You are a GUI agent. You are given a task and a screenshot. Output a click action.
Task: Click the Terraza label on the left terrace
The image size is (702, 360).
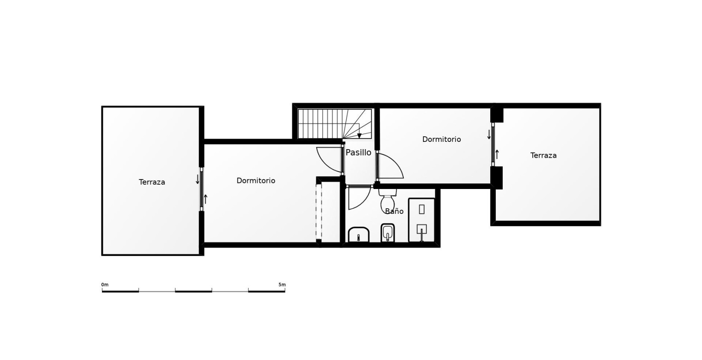pyautogui.click(x=152, y=182)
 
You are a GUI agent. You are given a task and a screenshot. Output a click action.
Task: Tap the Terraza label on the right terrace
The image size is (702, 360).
pyautogui.click(x=543, y=156)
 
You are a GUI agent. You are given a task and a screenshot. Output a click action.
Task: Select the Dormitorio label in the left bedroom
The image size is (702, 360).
pyautogui.click(x=256, y=181)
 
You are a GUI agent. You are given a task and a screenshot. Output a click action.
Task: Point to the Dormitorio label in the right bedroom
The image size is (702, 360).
pyautogui.click(x=441, y=139)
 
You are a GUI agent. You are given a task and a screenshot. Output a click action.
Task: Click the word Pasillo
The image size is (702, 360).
pyautogui.click(x=358, y=153)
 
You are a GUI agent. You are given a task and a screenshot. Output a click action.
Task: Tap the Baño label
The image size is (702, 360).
pyautogui.click(x=394, y=211)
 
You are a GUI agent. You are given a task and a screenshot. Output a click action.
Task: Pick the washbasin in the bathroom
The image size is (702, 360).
pyautogui.click(x=359, y=235)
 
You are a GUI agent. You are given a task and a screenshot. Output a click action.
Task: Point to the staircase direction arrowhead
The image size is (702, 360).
pyautogui.click(x=359, y=136)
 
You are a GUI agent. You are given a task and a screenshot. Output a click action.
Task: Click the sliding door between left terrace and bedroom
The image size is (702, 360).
pyautogui.click(x=201, y=189)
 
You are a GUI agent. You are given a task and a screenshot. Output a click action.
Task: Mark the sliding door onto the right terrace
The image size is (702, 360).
pyautogui.click(x=493, y=144)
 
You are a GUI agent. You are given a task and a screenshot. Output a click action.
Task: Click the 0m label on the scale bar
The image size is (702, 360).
pyautogui.click(x=105, y=285)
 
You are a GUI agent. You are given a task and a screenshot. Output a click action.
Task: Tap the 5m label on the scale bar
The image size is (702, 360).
pyautogui.click(x=282, y=285)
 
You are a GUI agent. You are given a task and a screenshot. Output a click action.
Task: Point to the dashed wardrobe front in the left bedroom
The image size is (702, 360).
pyautogui.click(x=318, y=212)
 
